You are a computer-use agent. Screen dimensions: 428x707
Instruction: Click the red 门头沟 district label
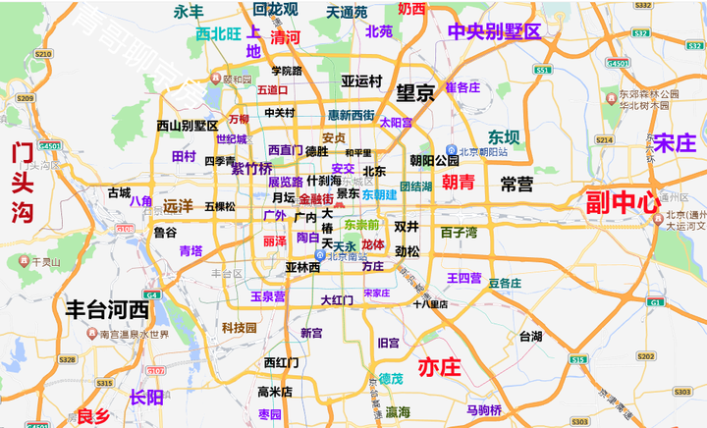coord(22,183)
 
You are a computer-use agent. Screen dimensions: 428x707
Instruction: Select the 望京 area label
coord(415,93)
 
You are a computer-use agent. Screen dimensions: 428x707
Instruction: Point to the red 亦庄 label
coord(439,368)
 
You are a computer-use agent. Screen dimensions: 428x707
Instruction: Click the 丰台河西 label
coord(107,310)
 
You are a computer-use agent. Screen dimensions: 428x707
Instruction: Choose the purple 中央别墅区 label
coord(494,30)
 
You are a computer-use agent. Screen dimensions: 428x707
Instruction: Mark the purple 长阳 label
coord(146,397)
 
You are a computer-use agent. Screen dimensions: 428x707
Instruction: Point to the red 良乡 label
coord(93,415)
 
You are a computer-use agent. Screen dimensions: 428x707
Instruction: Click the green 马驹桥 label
coord(484,409)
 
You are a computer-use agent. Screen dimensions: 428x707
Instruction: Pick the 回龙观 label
coord(275,9)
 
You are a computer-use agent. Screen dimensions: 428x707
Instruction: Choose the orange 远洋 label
coord(179,206)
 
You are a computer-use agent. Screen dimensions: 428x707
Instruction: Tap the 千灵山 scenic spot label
coord(46,262)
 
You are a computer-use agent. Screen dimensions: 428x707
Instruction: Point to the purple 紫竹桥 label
coord(251,168)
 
